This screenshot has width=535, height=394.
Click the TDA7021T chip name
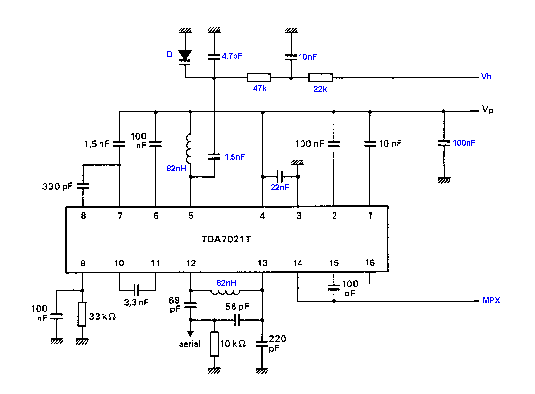pyautogui.click(x=226, y=239)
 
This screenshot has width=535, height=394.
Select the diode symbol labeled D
pyautogui.click(x=185, y=57)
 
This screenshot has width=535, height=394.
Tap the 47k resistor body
pyautogui.click(x=259, y=78)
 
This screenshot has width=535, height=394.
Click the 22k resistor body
pyautogui.click(x=320, y=78)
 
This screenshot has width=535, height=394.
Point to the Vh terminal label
pyautogui.click(x=486, y=76)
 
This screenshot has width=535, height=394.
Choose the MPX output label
pyautogui.click(x=491, y=300)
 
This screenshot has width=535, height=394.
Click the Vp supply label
pyautogui.click(x=488, y=109)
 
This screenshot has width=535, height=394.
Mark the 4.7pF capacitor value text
pyautogui.click(x=232, y=56)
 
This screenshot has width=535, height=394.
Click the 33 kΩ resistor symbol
pyautogui.click(x=82, y=314)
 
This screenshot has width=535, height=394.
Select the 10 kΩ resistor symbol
pyautogui.click(x=214, y=344)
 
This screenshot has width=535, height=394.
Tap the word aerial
pyautogui.click(x=190, y=344)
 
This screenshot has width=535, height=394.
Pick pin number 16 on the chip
pyautogui.click(x=370, y=263)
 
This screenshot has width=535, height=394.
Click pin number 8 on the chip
pyautogui.click(x=83, y=216)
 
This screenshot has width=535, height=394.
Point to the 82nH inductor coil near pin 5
pyautogui.click(x=188, y=149)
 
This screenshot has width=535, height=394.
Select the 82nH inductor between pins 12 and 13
pyautogui.click(x=226, y=292)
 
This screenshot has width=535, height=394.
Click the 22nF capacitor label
pyautogui.click(x=280, y=187)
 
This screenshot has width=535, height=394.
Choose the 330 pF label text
pyautogui.click(x=57, y=186)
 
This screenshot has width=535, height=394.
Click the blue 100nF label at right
pyautogui.click(x=464, y=143)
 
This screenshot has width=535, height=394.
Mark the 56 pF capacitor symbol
pyautogui.click(x=238, y=320)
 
